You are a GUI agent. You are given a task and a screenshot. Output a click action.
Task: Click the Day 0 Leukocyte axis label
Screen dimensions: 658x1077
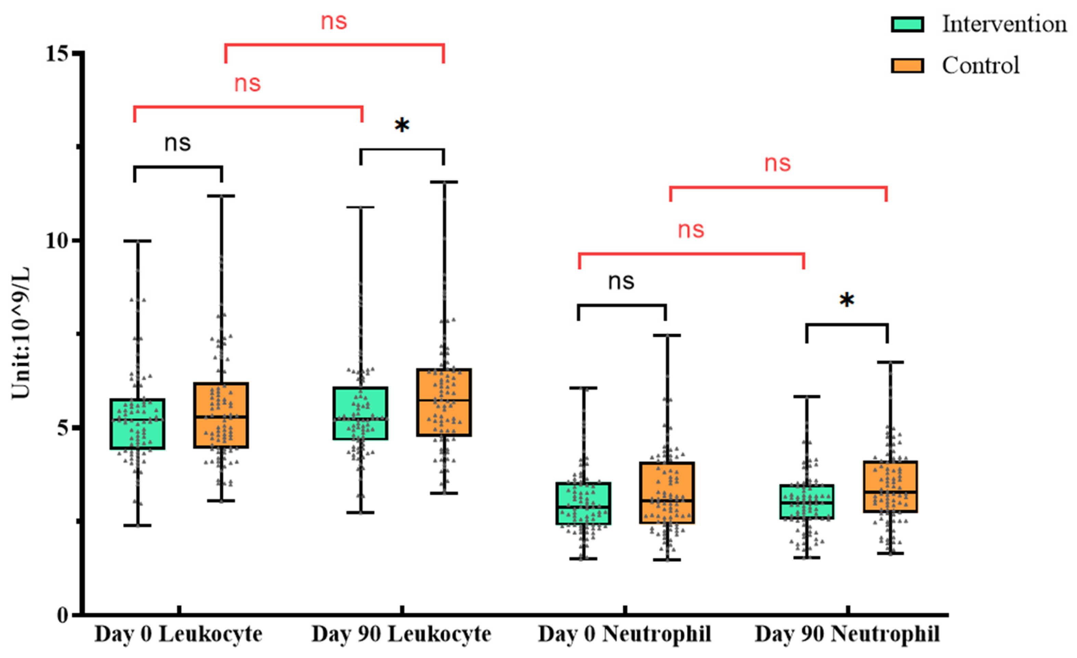pos(178,634)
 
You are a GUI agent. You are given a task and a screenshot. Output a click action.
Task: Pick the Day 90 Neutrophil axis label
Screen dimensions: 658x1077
pos(847,634)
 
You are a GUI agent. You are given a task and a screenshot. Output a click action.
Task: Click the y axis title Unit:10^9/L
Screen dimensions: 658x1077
pos(21,332)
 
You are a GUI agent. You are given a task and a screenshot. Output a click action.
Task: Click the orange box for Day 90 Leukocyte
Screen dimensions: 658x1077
pos(444,403)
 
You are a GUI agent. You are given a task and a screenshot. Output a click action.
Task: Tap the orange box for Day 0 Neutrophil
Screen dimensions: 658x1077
pos(667,493)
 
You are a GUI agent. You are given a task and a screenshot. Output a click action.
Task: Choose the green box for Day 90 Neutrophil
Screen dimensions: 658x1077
pos(807,502)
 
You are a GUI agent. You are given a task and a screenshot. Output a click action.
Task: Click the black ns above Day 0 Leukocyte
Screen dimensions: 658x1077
pos(178,143)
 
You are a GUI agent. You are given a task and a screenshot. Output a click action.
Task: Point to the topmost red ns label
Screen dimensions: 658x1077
pos(334,22)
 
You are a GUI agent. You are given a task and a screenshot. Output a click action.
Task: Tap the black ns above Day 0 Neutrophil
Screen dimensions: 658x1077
pos(621,282)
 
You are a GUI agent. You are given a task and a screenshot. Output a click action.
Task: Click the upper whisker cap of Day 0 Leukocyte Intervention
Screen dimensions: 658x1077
pos(137,241)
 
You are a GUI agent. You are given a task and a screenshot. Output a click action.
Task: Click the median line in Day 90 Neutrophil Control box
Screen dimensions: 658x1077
pos(890,492)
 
